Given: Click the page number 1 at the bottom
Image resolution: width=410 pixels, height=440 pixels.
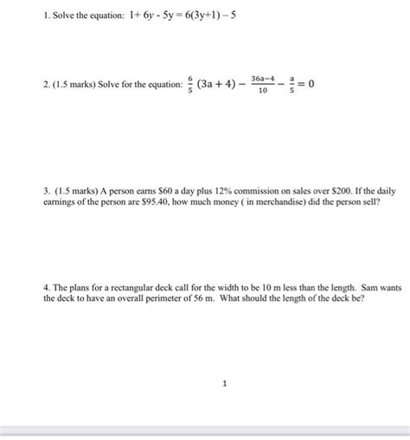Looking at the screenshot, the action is [224, 386].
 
